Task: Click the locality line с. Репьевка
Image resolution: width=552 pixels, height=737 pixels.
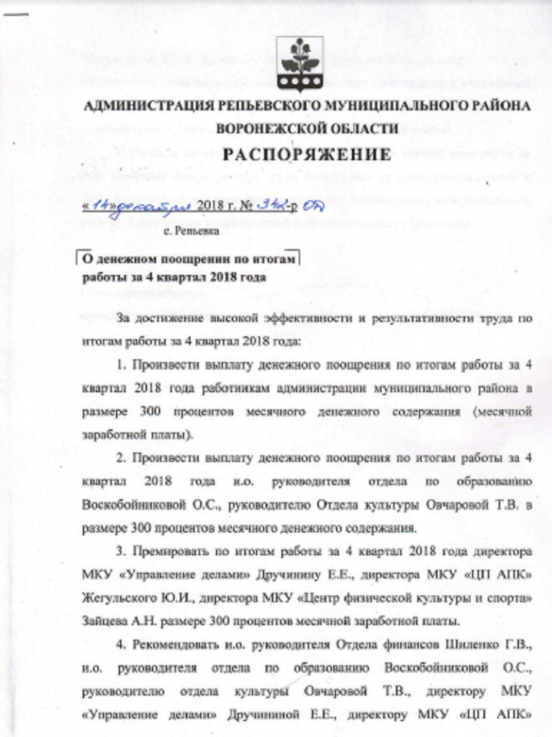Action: pyautogui.click(x=187, y=232)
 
